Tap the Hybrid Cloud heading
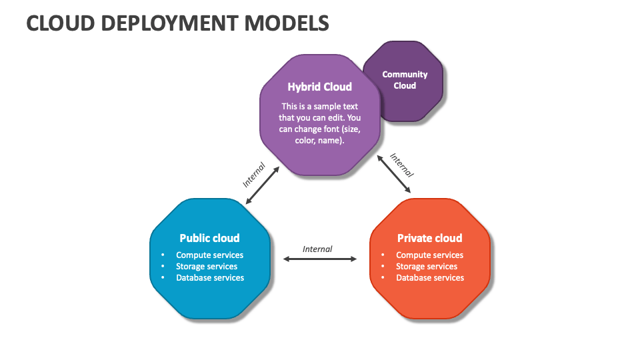pos(319,87)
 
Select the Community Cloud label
pos(405,80)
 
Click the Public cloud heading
pos(209,238)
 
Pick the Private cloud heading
pos(429,238)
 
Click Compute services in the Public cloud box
pos(209,255)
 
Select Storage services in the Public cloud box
pos(207,266)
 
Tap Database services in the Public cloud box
pos(210,277)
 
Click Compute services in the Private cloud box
pos(429,255)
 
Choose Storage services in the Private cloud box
pos(427,266)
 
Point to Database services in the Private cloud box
pos(430,277)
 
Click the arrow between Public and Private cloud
pos(320,259)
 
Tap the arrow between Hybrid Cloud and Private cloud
pos(394,174)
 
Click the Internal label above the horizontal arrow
pos(317,249)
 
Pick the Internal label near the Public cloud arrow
pos(254,174)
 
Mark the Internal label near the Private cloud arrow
pos(402,165)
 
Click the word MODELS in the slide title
pos(287,23)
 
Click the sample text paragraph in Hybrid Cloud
pos(319,123)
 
